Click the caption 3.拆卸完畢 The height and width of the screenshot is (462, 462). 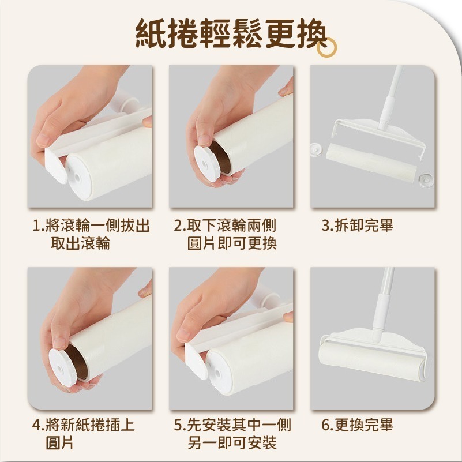pyautogui.click(x=357, y=226)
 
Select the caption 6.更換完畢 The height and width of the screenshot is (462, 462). pyautogui.click(x=357, y=426)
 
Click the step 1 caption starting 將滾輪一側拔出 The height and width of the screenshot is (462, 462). pyautogui.click(x=91, y=234)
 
